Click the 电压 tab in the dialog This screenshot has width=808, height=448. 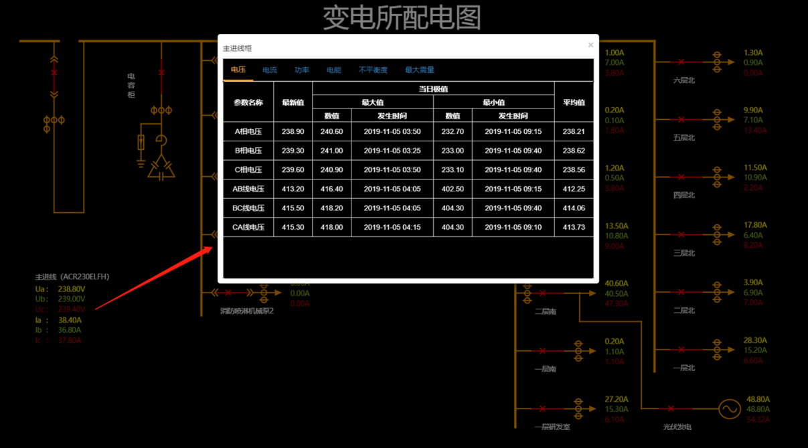238,70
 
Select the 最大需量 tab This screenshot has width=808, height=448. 419,70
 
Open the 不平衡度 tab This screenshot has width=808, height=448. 373,70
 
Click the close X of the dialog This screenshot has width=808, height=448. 590,45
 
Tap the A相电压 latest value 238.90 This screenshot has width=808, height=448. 293,132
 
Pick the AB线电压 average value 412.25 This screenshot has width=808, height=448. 574,189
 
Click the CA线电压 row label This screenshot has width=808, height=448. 248,227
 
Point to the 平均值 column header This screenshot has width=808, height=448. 574,102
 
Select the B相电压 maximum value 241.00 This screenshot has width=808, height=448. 332,151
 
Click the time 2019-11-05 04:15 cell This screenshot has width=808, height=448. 392,227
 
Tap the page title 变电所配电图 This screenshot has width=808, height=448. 402,18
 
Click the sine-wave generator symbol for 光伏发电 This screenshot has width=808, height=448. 729,408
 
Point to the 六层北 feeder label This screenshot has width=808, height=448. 684,80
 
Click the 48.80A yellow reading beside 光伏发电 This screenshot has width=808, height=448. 758,399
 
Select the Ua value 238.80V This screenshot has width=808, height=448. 71,289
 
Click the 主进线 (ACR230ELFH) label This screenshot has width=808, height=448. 72,277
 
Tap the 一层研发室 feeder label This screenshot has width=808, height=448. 552,427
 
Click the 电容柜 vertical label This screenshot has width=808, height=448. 131,86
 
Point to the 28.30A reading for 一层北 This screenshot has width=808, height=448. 755,340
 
